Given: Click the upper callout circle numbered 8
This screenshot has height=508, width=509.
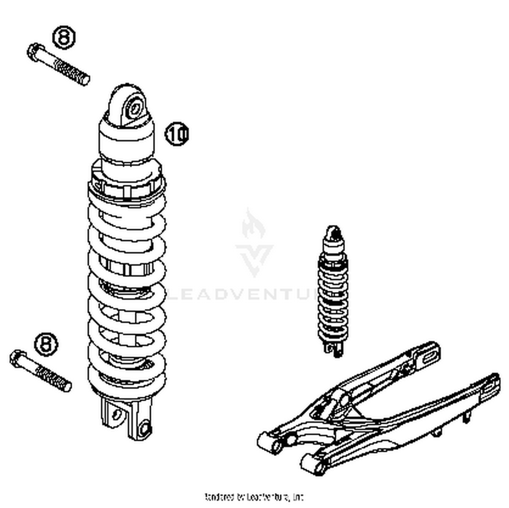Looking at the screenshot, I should click(x=64, y=37).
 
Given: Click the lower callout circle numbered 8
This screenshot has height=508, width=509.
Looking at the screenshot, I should click(x=46, y=344).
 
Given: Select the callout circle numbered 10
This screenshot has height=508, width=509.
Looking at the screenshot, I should click(x=176, y=134).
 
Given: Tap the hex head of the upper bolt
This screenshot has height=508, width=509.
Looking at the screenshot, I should click(x=34, y=52).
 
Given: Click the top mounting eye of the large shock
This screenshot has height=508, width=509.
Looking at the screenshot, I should click(x=134, y=109).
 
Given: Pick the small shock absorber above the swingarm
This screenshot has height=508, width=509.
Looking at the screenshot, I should click(x=333, y=292).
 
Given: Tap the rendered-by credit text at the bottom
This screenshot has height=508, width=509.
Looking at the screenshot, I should click(x=254, y=497).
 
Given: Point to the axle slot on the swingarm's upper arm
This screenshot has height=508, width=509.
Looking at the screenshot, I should click(x=430, y=356).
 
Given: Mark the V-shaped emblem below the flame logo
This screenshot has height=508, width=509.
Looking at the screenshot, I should click(x=254, y=258).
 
